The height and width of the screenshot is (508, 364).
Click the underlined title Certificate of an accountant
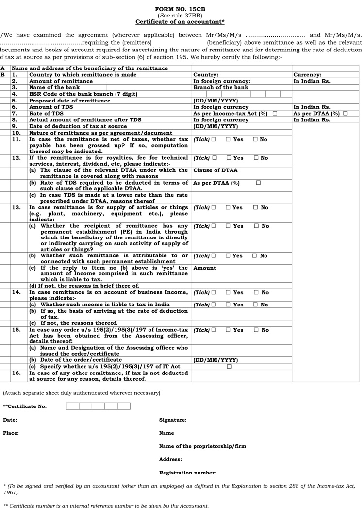click(180, 22)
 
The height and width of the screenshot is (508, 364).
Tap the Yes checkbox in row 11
click(228, 140)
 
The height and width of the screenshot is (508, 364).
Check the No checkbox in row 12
click(256, 158)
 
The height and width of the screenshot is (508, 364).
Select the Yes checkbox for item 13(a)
click(228, 226)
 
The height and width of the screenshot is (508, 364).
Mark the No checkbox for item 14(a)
click(256, 305)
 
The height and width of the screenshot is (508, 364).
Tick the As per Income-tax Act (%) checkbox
click(275, 113)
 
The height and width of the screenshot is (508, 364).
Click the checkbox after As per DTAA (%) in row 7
click(345, 113)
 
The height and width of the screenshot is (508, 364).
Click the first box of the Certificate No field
click(72, 406)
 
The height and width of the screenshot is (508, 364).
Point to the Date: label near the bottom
click(10, 420)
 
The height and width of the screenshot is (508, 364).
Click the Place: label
click(11, 433)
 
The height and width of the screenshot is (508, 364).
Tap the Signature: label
click(173, 420)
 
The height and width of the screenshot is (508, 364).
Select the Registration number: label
click(187, 473)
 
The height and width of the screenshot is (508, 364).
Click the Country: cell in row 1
click(206, 75)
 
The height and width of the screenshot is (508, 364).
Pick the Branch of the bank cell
click(220, 88)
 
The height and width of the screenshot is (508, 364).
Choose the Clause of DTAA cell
click(215, 171)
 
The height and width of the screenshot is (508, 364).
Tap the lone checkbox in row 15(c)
click(229, 367)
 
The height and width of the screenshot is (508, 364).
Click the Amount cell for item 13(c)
click(205, 268)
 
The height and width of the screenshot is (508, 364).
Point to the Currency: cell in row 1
click(307, 75)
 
